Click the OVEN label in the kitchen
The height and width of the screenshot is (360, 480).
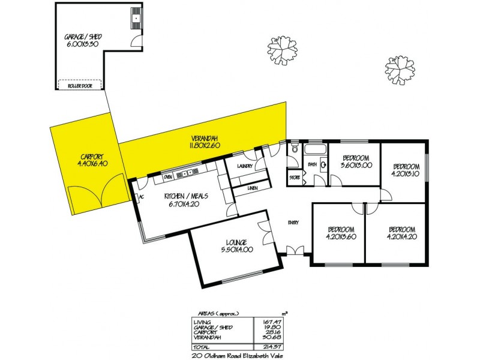pyautogui.click(x=169, y=177)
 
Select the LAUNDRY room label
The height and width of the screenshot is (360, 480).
pyautogui.click(x=245, y=166)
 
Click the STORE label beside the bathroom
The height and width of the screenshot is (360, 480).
pyautogui.click(x=294, y=178)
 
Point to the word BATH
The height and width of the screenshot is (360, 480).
pyautogui.click(x=312, y=163)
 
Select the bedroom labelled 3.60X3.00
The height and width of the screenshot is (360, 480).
pyautogui.click(x=356, y=166)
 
